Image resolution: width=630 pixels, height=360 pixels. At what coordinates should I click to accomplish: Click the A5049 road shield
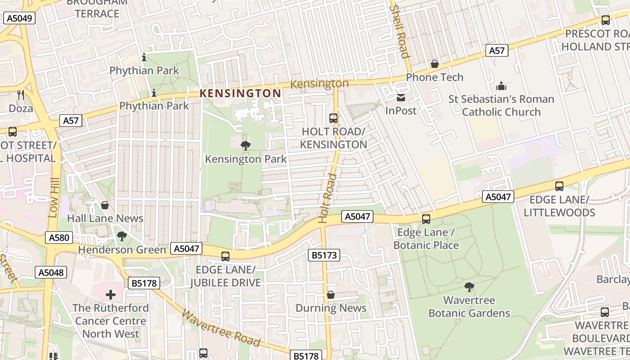[x=19, y=18]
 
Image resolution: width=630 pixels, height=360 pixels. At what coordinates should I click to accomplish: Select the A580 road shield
[x=59, y=238]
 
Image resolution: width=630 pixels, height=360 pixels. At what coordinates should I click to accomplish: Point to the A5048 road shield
[x=51, y=272]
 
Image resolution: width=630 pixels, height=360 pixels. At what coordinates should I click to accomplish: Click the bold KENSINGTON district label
[x=240, y=94]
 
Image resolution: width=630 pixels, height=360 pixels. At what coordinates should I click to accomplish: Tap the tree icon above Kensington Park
[x=246, y=145]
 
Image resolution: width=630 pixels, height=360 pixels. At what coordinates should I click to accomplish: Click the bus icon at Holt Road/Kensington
[x=333, y=118]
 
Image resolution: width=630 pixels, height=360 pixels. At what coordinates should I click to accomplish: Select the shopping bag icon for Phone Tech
[x=435, y=64]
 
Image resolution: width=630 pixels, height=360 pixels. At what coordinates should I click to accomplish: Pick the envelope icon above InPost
[x=401, y=97]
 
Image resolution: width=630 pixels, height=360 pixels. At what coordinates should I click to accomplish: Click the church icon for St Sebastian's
[x=501, y=86]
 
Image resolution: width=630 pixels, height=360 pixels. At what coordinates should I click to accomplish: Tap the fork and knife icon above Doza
[x=21, y=95]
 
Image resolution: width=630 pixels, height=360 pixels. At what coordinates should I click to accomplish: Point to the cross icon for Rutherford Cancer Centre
[x=111, y=295]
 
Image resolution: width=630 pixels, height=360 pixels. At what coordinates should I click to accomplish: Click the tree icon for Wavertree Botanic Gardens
[x=469, y=287]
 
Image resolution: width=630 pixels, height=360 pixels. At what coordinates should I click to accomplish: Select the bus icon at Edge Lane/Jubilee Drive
[x=225, y=256]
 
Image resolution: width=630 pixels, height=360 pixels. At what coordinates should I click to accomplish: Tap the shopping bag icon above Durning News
[x=331, y=295]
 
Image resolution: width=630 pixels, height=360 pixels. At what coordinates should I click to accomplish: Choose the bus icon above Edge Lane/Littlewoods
[x=559, y=186]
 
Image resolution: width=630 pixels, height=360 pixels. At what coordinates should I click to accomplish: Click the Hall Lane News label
[x=105, y=219]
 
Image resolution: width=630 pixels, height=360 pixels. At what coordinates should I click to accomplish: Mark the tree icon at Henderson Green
[x=121, y=236]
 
